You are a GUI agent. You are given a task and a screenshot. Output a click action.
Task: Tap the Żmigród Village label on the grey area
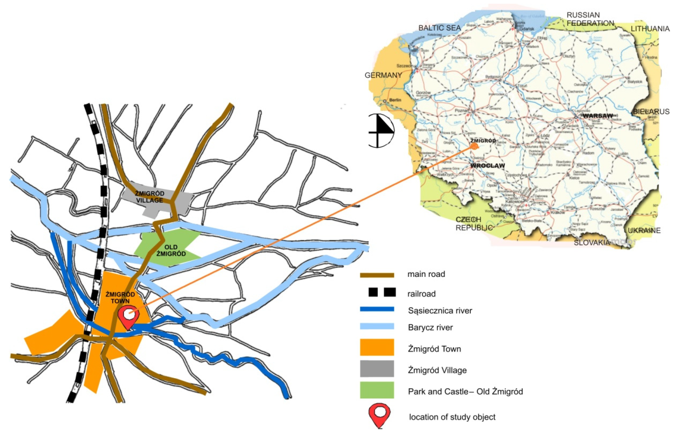point(149,197)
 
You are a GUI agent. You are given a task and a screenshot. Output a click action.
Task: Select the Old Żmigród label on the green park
point(171,250)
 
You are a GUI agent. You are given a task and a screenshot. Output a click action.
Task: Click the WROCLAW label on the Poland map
point(487,165)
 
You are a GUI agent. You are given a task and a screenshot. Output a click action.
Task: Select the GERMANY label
point(383,75)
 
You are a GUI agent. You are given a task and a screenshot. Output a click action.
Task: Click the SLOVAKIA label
point(592,242)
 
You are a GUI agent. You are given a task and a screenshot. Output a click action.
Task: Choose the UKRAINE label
point(644,231)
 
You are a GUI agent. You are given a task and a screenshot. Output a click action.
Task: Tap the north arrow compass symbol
point(381,131)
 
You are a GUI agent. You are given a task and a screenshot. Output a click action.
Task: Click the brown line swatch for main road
point(377,275)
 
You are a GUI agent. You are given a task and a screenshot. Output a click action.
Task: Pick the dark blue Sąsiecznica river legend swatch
point(377,309)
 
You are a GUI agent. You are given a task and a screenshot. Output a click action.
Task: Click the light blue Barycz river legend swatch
point(377,326)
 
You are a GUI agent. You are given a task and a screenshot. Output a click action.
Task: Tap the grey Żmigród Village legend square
point(377,369)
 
